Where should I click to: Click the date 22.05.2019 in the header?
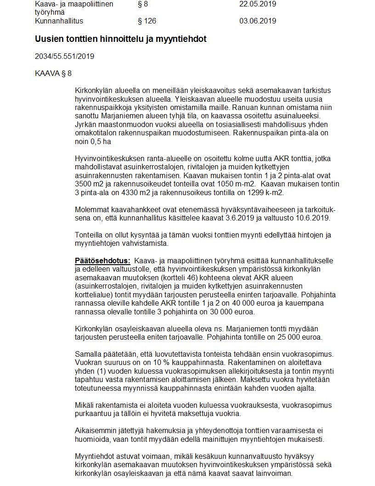coord(257,4)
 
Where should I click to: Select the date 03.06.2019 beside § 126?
coord(257,21)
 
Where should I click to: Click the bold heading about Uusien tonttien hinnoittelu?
coord(120,39)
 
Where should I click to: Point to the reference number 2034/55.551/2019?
coord(64,57)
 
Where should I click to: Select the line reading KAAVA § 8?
coord(53,73)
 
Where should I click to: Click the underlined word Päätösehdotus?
coord(102,261)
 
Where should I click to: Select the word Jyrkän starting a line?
coord(85,125)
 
